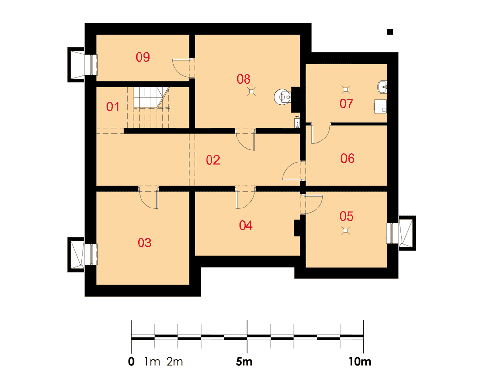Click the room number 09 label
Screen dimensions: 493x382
click(143, 57)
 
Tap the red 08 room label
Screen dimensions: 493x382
click(244, 79)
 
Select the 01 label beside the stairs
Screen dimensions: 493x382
click(113, 107)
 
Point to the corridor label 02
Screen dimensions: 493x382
click(213, 160)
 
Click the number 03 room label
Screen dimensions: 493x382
click(144, 243)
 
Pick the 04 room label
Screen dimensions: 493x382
click(246, 225)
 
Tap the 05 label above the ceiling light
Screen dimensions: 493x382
click(347, 216)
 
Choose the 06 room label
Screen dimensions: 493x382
click(348, 158)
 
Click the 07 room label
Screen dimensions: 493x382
click(346, 104)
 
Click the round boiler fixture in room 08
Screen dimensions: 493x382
click(282, 97)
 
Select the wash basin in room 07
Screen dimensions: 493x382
click(382, 87)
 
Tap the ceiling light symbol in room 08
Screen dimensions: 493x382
click(251, 91)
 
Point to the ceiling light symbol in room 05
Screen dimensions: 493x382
click(346, 231)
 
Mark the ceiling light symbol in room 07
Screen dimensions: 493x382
click(346, 90)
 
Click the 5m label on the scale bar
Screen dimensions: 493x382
click(244, 362)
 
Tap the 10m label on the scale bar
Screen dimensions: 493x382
click(359, 362)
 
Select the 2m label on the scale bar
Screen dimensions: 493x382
click(175, 362)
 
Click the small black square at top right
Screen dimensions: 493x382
click(390, 32)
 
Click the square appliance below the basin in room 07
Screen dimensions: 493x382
click(381, 106)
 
